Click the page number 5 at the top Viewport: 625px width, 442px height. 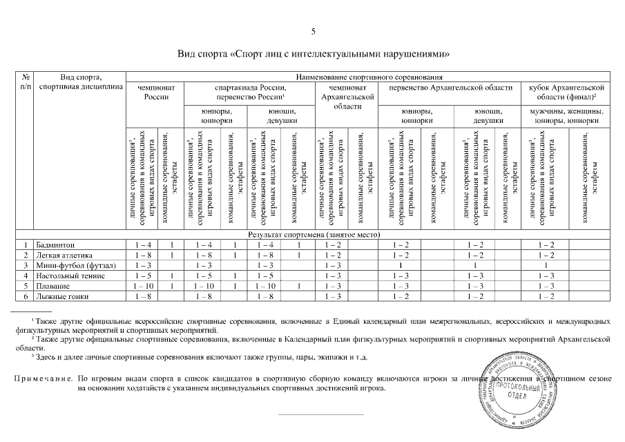(x=313, y=31)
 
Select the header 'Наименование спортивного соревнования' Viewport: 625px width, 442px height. (x=369, y=77)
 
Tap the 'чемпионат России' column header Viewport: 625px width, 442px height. (x=156, y=93)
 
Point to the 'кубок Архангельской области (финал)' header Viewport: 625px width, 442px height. (x=566, y=93)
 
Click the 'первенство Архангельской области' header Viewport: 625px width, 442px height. (x=451, y=88)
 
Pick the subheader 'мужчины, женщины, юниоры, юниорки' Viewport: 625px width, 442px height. (x=566, y=115)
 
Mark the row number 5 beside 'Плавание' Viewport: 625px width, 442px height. (x=25, y=286)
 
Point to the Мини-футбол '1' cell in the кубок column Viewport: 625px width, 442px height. (x=546, y=266)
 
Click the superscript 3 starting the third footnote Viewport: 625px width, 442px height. (x=32, y=356)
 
